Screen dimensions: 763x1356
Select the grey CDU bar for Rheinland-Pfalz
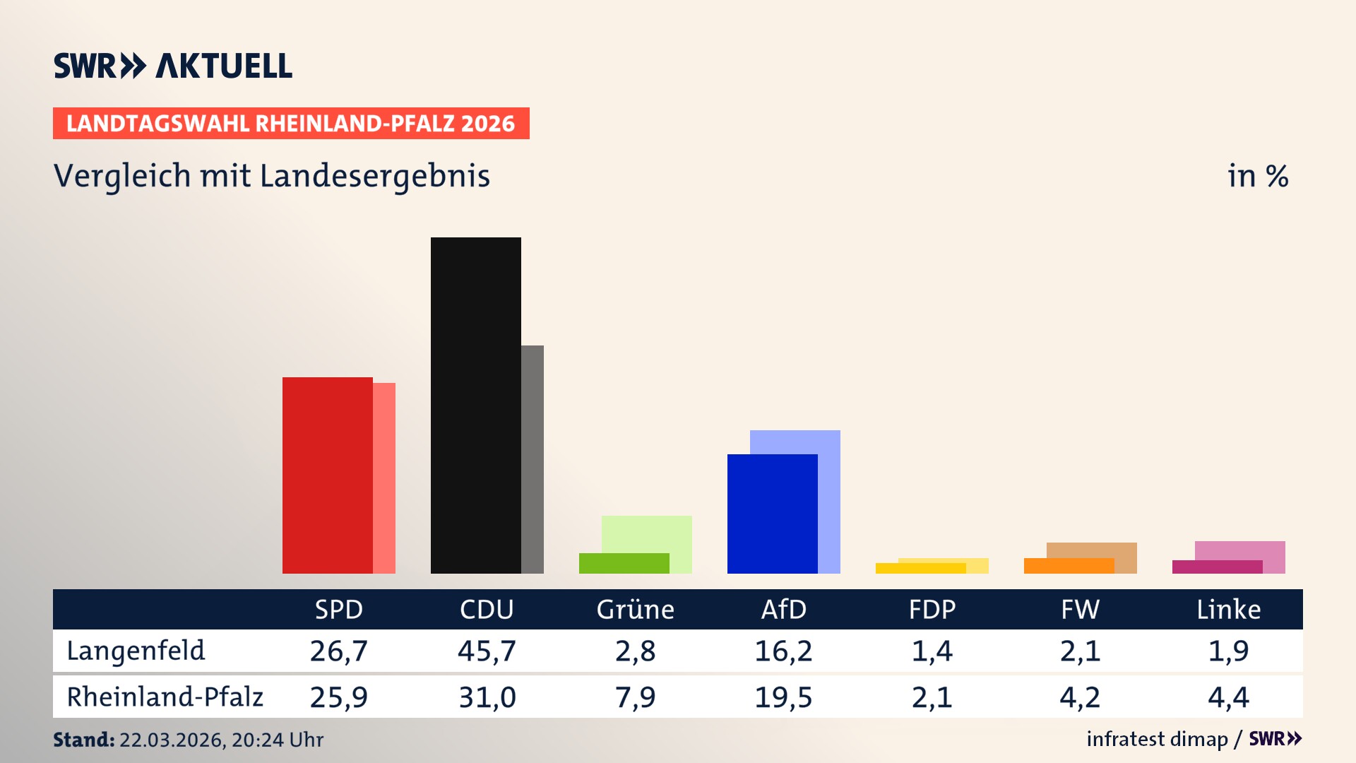click(533, 459)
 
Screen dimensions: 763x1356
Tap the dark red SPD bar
click(327, 475)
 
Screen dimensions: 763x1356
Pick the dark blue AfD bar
click(772, 514)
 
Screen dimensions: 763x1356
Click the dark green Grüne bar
click(624, 563)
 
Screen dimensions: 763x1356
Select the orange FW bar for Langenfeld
click(1069, 566)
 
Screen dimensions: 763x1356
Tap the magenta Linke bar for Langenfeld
click(1217, 567)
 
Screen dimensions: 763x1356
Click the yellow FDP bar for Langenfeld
click(920, 568)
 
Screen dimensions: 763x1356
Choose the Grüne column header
click(635, 610)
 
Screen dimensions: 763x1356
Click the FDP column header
click(932, 610)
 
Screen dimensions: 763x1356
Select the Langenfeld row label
click(136, 651)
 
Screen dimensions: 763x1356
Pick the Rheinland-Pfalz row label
click(165, 697)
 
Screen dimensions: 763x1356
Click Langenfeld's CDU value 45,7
click(487, 651)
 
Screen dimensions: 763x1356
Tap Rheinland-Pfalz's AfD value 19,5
click(783, 697)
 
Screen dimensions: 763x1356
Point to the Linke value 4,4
click(1228, 697)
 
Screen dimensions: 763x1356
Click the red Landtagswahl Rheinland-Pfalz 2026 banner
click(291, 124)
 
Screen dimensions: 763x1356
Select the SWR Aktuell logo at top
click(173, 66)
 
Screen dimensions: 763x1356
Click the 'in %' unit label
click(1257, 176)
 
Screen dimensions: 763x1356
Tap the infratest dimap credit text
click(1157, 739)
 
